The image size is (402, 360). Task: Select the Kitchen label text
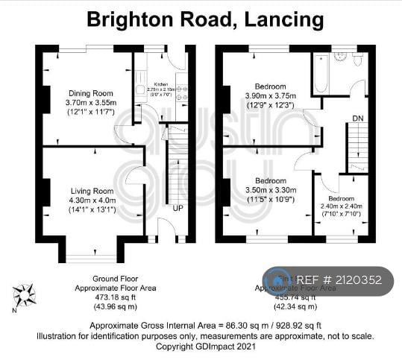(x=161, y=84)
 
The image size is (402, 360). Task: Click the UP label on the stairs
(x=178, y=207)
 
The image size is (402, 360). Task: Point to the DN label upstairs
(x=358, y=118)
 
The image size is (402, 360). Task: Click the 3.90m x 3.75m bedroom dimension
(x=270, y=95)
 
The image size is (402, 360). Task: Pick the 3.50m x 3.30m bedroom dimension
(x=270, y=190)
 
